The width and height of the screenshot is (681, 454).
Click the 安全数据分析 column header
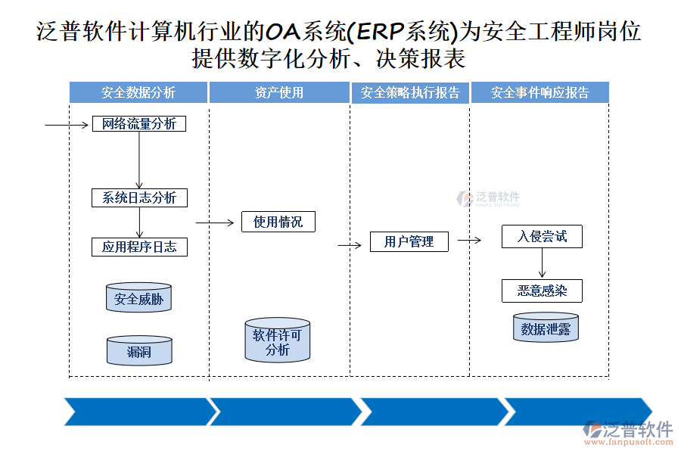[138, 92]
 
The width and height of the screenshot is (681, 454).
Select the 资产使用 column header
[279, 92]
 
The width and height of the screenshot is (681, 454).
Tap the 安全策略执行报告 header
[410, 92]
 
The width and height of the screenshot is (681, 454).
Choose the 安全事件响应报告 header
[540, 92]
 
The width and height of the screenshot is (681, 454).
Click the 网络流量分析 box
[139, 123]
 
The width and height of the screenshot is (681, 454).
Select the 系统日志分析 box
[139, 197]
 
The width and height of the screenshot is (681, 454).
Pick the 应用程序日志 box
[139, 247]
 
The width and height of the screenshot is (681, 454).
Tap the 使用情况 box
[278, 222]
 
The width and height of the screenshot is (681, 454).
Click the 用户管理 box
[409, 241]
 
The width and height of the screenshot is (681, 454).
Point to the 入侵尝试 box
[542, 236]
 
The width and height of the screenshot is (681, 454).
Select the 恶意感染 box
[542, 291]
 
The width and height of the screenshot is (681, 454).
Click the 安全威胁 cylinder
[138, 299]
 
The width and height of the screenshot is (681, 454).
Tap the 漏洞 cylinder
[138, 351]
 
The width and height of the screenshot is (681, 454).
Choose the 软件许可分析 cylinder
[278, 341]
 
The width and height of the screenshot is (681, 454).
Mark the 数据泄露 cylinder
[546, 328]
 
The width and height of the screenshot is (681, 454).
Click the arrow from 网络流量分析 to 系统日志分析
[139, 160]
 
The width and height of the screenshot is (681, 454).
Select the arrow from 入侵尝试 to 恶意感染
[542, 263]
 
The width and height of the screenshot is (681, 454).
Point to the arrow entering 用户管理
[350, 245]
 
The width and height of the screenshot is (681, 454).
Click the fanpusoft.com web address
[630, 443]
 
